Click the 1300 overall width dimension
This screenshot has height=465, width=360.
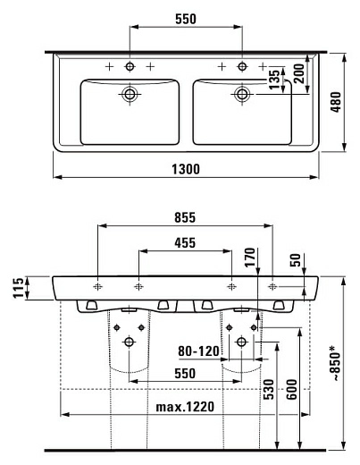(x=186, y=168)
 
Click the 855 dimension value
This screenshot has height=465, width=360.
(x=186, y=217)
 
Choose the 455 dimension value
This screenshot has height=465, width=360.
(x=186, y=241)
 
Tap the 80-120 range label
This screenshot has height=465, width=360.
(x=197, y=352)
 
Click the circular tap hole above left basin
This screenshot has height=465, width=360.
(x=130, y=67)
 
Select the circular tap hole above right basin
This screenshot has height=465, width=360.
(x=239, y=67)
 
